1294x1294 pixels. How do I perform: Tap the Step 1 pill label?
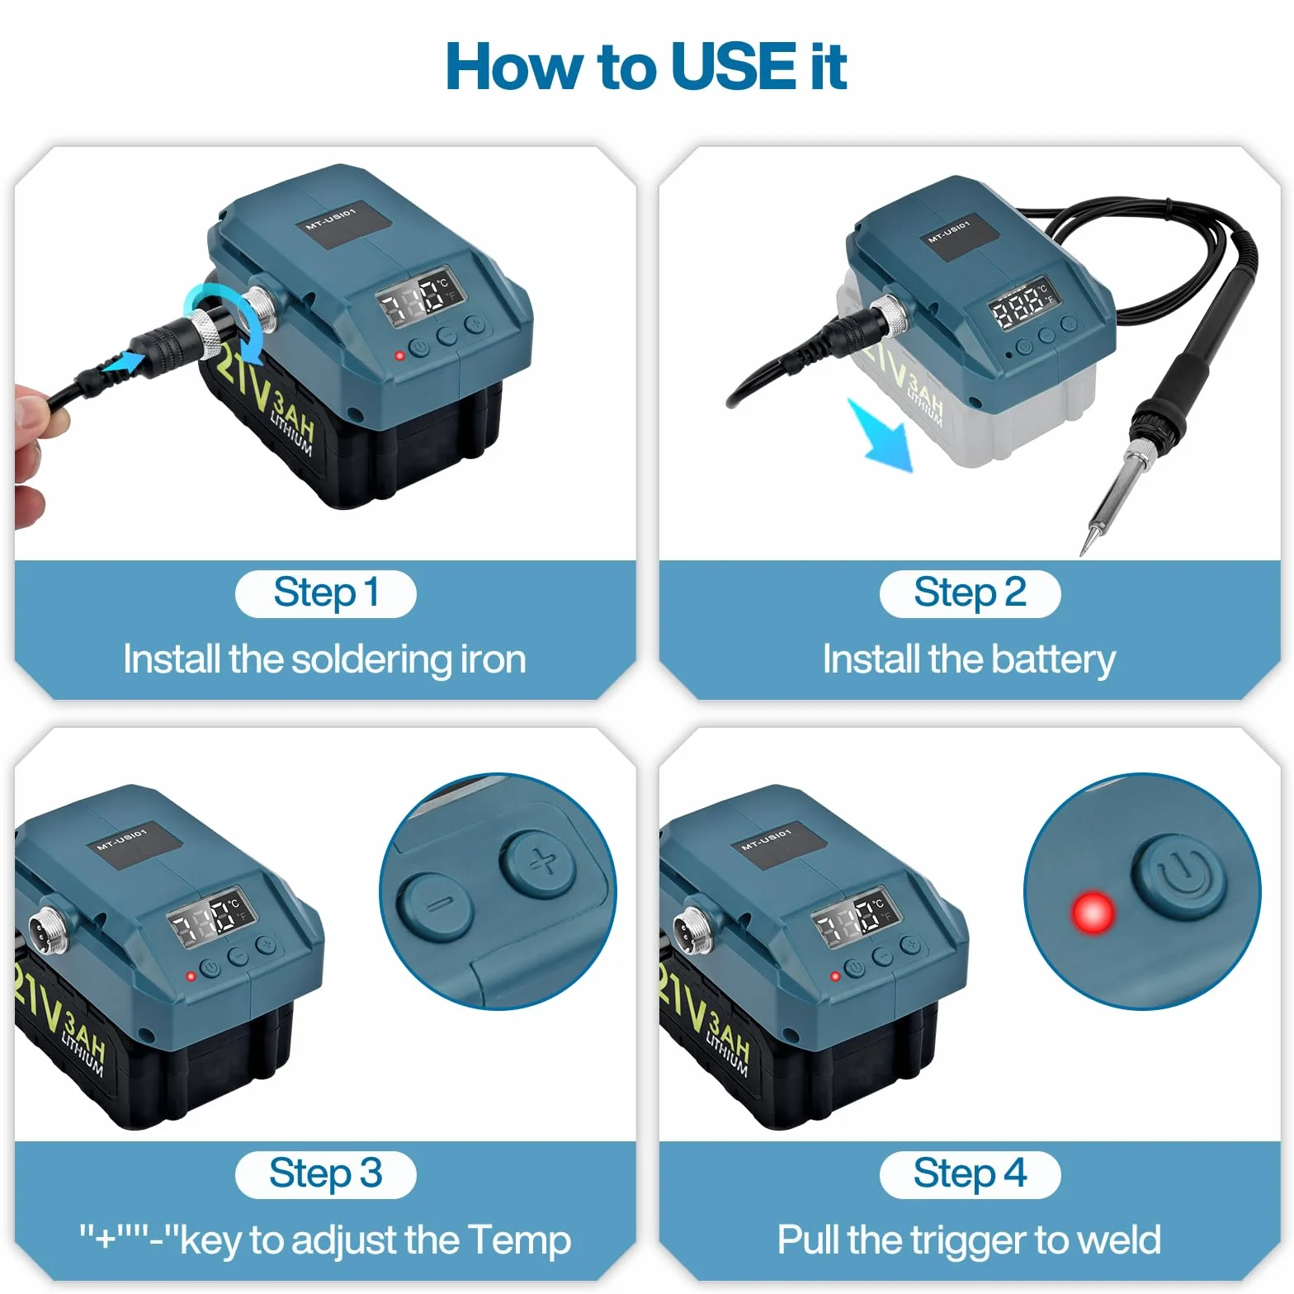click(x=326, y=593)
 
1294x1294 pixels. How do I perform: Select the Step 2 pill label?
click(x=970, y=593)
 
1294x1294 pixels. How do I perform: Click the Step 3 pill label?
click(x=326, y=1174)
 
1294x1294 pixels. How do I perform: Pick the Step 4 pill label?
click(x=970, y=1174)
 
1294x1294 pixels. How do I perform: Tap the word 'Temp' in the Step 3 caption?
click(x=519, y=1241)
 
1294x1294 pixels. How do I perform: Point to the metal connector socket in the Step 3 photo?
click(x=44, y=929)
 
